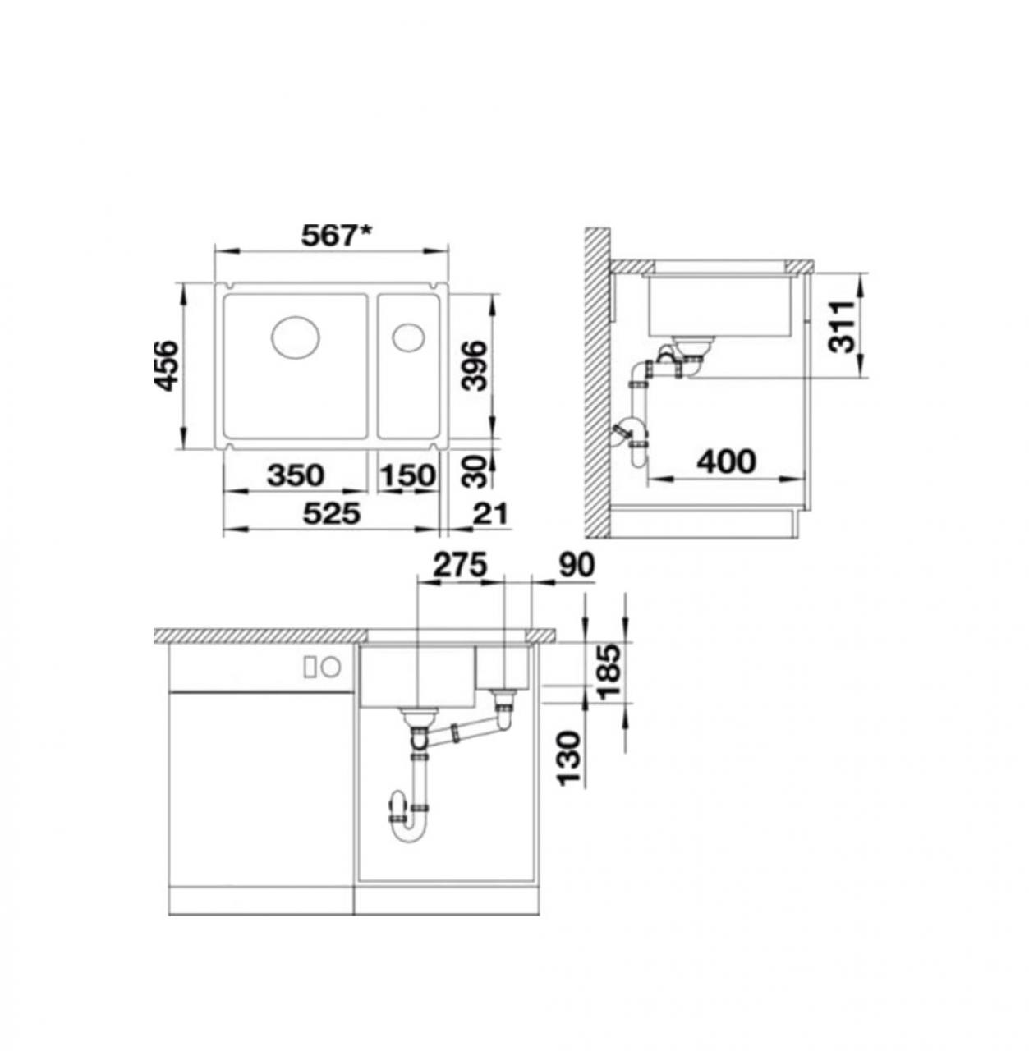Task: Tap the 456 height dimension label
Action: [x=166, y=365]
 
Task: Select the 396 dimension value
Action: [x=473, y=365]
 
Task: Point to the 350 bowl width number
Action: [x=296, y=475]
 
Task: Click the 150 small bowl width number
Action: [x=408, y=475]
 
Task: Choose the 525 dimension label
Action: [x=332, y=513]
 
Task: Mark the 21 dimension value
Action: [x=490, y=513]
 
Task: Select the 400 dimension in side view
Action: [x=728, y=461]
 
